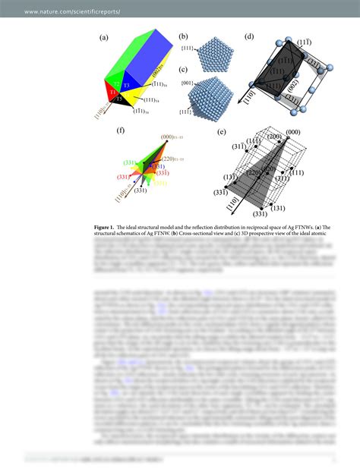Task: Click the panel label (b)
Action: tap(183, 36)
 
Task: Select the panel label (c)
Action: tap(183, 69)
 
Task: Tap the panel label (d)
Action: tap(248, 36)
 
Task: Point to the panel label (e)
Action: tap(221, 131)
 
